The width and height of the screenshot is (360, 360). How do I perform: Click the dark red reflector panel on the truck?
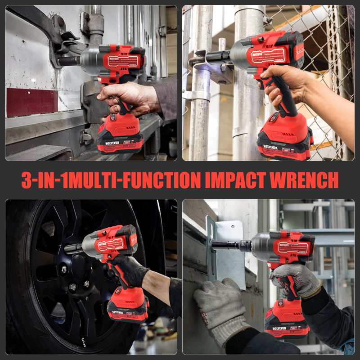point(31,102)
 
